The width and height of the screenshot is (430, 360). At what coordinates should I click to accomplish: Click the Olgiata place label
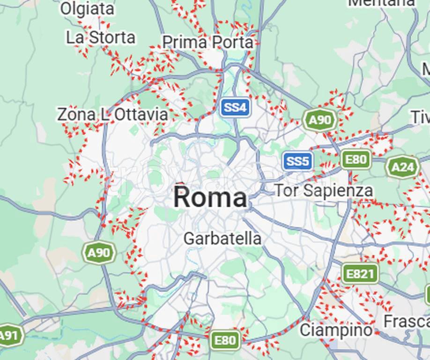click(x=87, y=8)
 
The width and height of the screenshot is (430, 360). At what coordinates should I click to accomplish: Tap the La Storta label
click(x=100, y=38)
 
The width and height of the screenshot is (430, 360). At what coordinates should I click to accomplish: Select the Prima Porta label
click(x=208, y=43)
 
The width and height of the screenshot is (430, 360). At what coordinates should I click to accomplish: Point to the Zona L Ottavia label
click(x=112, y=114)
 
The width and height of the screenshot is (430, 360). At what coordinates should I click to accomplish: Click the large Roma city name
click(x=210, y=197)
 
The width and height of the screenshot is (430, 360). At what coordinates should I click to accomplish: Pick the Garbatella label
click(x=222, y=239)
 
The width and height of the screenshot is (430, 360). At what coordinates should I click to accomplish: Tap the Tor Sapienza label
click(x=323, y=190)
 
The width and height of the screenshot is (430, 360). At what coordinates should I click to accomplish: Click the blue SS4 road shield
click(x=235, y=108)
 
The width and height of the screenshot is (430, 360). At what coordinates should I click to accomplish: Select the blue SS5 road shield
click(x=298, y=162)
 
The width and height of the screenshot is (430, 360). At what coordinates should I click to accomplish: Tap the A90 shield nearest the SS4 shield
click(x=320, y=120)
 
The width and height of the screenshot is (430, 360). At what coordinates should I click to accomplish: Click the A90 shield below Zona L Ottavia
click(x=99, y=254)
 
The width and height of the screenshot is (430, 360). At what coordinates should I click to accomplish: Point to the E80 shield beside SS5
click(x=356, y=160)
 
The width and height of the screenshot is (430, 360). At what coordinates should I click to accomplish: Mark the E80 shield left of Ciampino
click(x=225, y=340)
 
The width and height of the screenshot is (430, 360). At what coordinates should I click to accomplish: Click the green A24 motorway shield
click(x=402, y=167)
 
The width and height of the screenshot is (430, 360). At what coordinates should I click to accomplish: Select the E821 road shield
click(x=360, y=274)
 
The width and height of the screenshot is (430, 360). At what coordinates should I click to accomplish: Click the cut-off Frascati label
click(x=406, y=322)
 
